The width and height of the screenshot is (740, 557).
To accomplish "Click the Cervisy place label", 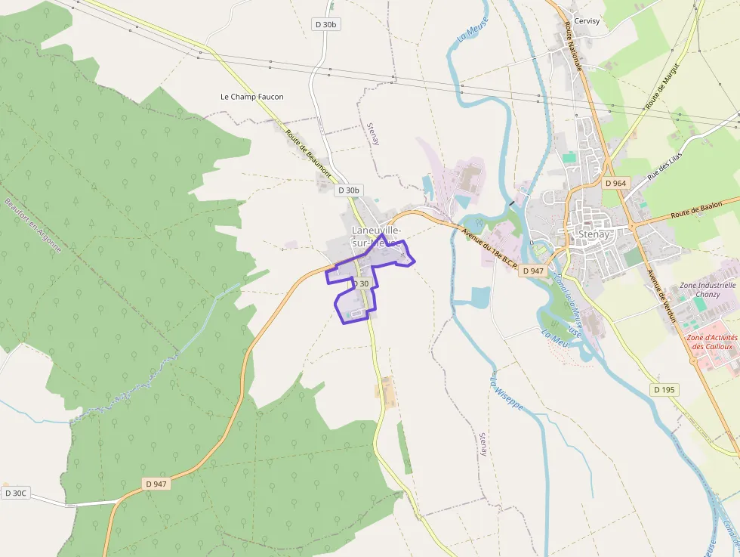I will [587, 21].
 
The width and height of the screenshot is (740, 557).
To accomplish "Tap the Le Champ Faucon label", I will [252, 97].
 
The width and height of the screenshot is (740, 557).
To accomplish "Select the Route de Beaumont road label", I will [308, 153].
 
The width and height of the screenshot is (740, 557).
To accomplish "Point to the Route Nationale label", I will [573, 47].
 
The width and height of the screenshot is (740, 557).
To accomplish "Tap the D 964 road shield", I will [616, 183].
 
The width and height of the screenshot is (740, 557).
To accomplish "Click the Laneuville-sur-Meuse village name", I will [376, 236].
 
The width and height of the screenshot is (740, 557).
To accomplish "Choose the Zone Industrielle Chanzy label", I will [708, 289].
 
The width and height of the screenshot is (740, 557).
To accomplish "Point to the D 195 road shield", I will [663, 389].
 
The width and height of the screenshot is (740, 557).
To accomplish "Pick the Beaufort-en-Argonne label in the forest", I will [33, 225].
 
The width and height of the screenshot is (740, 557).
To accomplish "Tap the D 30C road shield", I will [15, 494].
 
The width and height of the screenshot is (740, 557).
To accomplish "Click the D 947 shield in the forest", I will [156, 484].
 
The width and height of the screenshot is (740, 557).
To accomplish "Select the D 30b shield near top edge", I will [325, 24].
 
